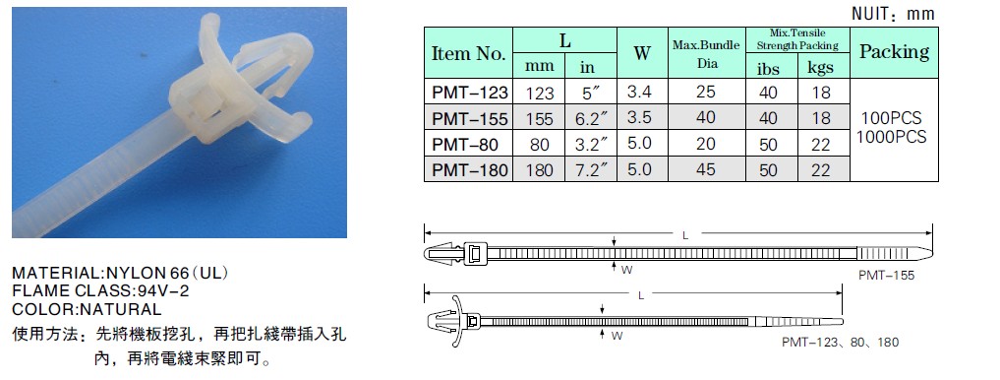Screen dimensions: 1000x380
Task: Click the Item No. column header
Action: pos(469,53)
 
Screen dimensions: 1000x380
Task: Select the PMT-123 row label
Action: pos(470,93)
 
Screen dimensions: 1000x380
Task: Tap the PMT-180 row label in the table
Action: pos(470,170)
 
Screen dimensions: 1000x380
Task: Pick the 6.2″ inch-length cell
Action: pos(591,118)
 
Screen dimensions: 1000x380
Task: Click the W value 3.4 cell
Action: pos(639,92)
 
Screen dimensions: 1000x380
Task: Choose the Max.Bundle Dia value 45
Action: pos(706,169)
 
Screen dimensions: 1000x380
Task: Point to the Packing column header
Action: pos(894,52)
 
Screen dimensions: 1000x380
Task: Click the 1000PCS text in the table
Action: pos(892,137)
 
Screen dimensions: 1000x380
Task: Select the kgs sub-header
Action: pos(821,67)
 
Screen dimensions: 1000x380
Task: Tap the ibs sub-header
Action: pos(769,68)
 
